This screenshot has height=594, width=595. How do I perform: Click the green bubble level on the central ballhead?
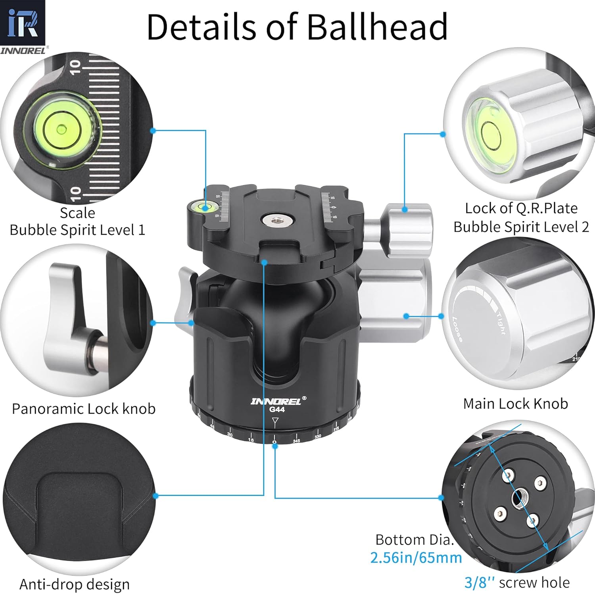click(205, 206)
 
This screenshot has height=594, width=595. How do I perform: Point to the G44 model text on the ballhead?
click(276, 409)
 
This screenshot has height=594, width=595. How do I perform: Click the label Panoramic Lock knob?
click(84, 409)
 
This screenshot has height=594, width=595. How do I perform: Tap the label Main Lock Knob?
click(515, 404)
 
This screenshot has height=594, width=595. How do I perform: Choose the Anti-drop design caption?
click(75, 584)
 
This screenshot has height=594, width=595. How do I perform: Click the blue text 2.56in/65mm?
click(416, 557)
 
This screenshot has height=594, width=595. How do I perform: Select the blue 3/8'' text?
click(480, 582)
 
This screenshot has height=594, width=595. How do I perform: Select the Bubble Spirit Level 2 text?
click(521, 227)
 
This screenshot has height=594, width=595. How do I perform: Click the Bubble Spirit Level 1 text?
click(77, 230)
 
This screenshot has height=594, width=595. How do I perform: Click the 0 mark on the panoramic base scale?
click(274, 441)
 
